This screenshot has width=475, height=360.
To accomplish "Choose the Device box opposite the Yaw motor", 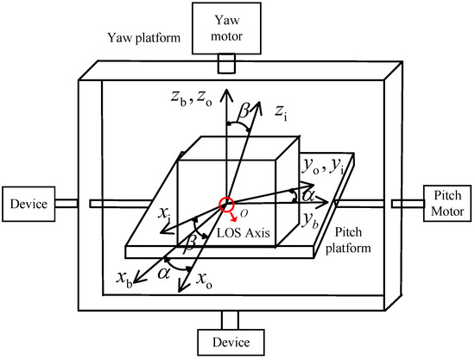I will pos(227,342).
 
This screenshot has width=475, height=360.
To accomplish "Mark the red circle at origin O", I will pos(227,204).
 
